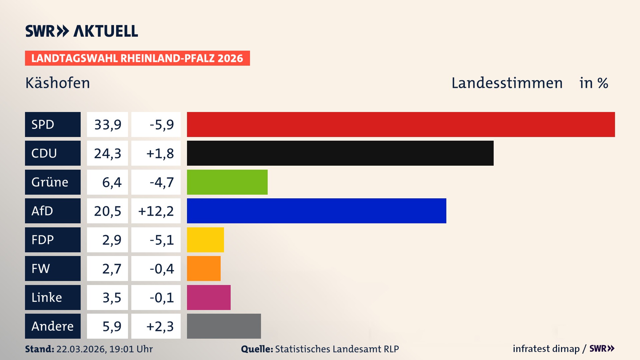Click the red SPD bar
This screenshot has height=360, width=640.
coord(401,124)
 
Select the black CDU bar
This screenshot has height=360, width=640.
coord(340,153)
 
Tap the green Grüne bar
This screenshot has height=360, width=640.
coord(227,182)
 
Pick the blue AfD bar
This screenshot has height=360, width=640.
coord(316,211)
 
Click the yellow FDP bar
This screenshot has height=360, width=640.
coord(205,240)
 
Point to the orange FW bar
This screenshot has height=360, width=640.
coord(204,268)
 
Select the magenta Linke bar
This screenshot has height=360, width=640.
coord(209,297)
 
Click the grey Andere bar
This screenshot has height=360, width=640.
coord(224,326)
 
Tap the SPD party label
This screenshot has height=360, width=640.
coord(53,124)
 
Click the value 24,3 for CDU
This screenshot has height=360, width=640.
coord(107,153)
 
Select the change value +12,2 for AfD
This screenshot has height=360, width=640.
coord(156,211)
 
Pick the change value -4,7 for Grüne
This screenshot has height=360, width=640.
coord(161,182)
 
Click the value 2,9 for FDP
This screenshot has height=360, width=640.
coord(111,240)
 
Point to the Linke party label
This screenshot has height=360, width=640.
coord(53,297)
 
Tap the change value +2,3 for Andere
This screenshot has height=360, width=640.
coord(160,326)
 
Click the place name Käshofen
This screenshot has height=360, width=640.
coord(58,83)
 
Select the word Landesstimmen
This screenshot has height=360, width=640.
coord(507,83)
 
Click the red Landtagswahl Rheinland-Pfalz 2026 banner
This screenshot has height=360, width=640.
coord(137,58)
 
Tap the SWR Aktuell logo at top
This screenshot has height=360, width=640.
coord(82,31)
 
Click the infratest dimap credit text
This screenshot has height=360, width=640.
coord(546,349)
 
